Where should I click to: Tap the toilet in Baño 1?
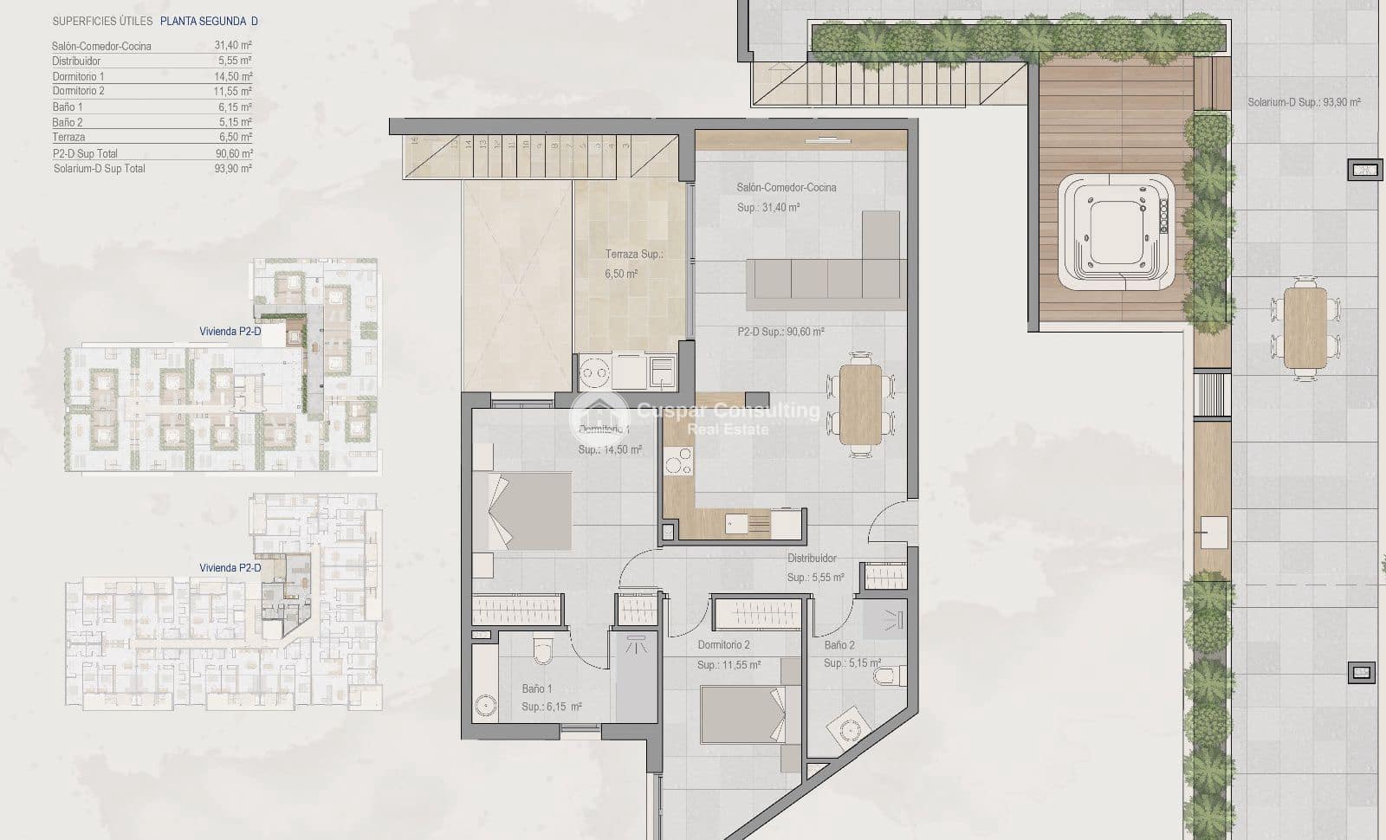(543, 649)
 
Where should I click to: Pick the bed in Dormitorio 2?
(743, 714)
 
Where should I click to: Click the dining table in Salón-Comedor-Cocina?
(860, 404)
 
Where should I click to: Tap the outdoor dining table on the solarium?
(1305, 327)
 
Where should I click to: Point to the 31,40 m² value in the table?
(233, 45)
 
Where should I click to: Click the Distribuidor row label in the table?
(76, 61)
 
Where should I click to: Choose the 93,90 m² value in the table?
(233, 169)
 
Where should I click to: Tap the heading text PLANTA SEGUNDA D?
(209, 21)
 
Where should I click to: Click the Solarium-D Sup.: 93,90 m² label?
(1304, 102)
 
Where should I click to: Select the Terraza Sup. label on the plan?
(633, 255)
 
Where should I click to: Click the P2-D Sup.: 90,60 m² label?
(780, 332)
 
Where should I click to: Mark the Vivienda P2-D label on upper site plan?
(230, 332)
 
